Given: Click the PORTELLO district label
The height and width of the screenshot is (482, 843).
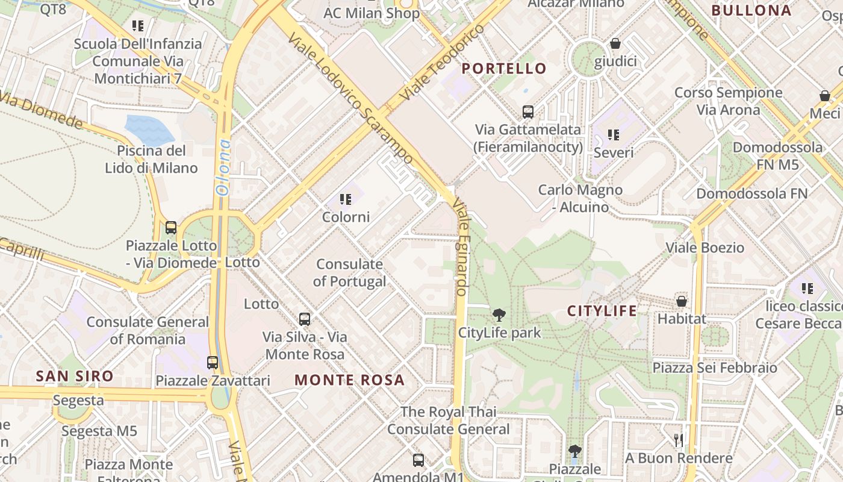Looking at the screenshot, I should (x=503, y=68).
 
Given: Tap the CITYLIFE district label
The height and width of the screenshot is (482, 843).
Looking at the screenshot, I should (x=602, y=311).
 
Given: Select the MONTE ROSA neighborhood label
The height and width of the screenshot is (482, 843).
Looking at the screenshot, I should (x=349, y=380).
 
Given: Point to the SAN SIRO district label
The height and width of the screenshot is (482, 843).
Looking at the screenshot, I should (x=75, y=376).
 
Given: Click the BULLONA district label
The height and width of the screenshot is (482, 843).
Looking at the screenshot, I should (x=751, y=10).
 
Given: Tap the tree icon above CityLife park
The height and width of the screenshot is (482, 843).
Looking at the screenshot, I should (x=499, y=315).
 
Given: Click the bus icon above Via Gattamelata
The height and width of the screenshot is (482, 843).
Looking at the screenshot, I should (x=528, y=111).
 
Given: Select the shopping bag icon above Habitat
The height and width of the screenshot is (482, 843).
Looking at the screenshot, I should (x=682, y=301).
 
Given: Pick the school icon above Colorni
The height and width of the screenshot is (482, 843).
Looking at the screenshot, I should (x=346, y=199).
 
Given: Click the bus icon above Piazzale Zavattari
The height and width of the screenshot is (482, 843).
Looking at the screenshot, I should (x=213, y=362).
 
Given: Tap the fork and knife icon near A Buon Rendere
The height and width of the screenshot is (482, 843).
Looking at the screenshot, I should (x=679, y=440).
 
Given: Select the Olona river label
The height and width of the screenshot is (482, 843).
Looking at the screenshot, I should (x=223, y=167).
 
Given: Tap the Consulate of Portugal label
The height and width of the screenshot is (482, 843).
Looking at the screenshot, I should (x=349, y=272).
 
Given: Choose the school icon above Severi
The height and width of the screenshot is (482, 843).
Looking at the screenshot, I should (x=613, y=134).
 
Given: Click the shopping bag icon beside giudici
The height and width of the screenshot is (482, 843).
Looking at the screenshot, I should (x=615, y=43).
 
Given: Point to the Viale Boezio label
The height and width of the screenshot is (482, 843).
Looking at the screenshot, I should (x=705, y=247).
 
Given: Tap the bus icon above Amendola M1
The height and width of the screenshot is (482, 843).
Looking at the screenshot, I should (x=418, y=460).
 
